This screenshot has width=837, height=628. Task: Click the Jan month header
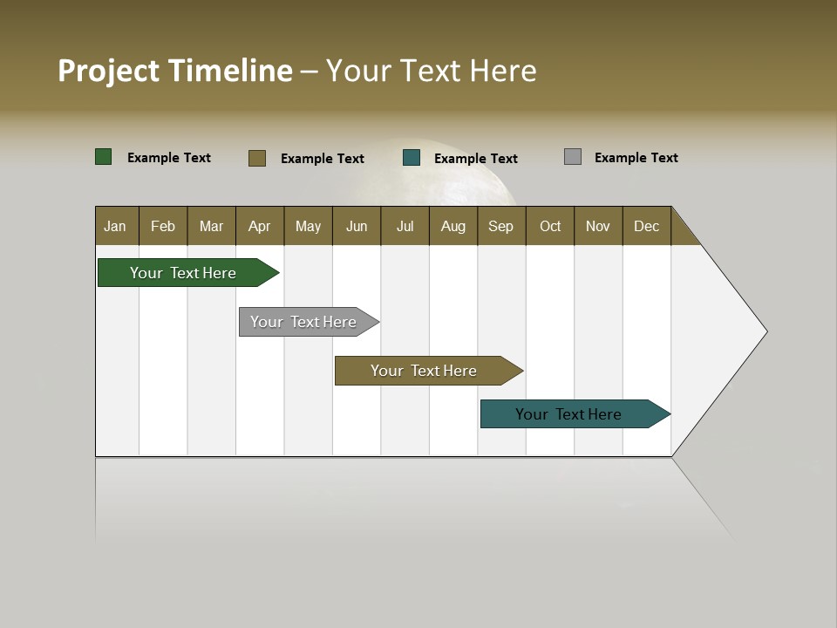(116, 226)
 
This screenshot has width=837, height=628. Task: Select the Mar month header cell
(211, 226)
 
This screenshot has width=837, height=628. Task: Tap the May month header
(308, 226)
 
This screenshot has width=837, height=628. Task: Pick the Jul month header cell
(405, 226)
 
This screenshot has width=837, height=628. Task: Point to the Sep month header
(501, 226)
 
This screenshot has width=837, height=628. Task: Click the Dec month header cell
(646, 226)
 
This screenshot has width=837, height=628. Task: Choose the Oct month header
(550, 226)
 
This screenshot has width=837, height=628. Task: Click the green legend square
(104, 157)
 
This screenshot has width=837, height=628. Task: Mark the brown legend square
(257, 158)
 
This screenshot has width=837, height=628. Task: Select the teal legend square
(412, 158)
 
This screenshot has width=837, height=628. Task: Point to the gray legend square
(573, 157)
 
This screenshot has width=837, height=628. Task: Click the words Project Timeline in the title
(174, 71)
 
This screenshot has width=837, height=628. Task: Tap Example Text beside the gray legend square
(636, 158)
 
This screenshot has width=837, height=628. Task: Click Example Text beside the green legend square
(168, 158)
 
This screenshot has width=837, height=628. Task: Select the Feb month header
(163, 226)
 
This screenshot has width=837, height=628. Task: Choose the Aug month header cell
(453, 226)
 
